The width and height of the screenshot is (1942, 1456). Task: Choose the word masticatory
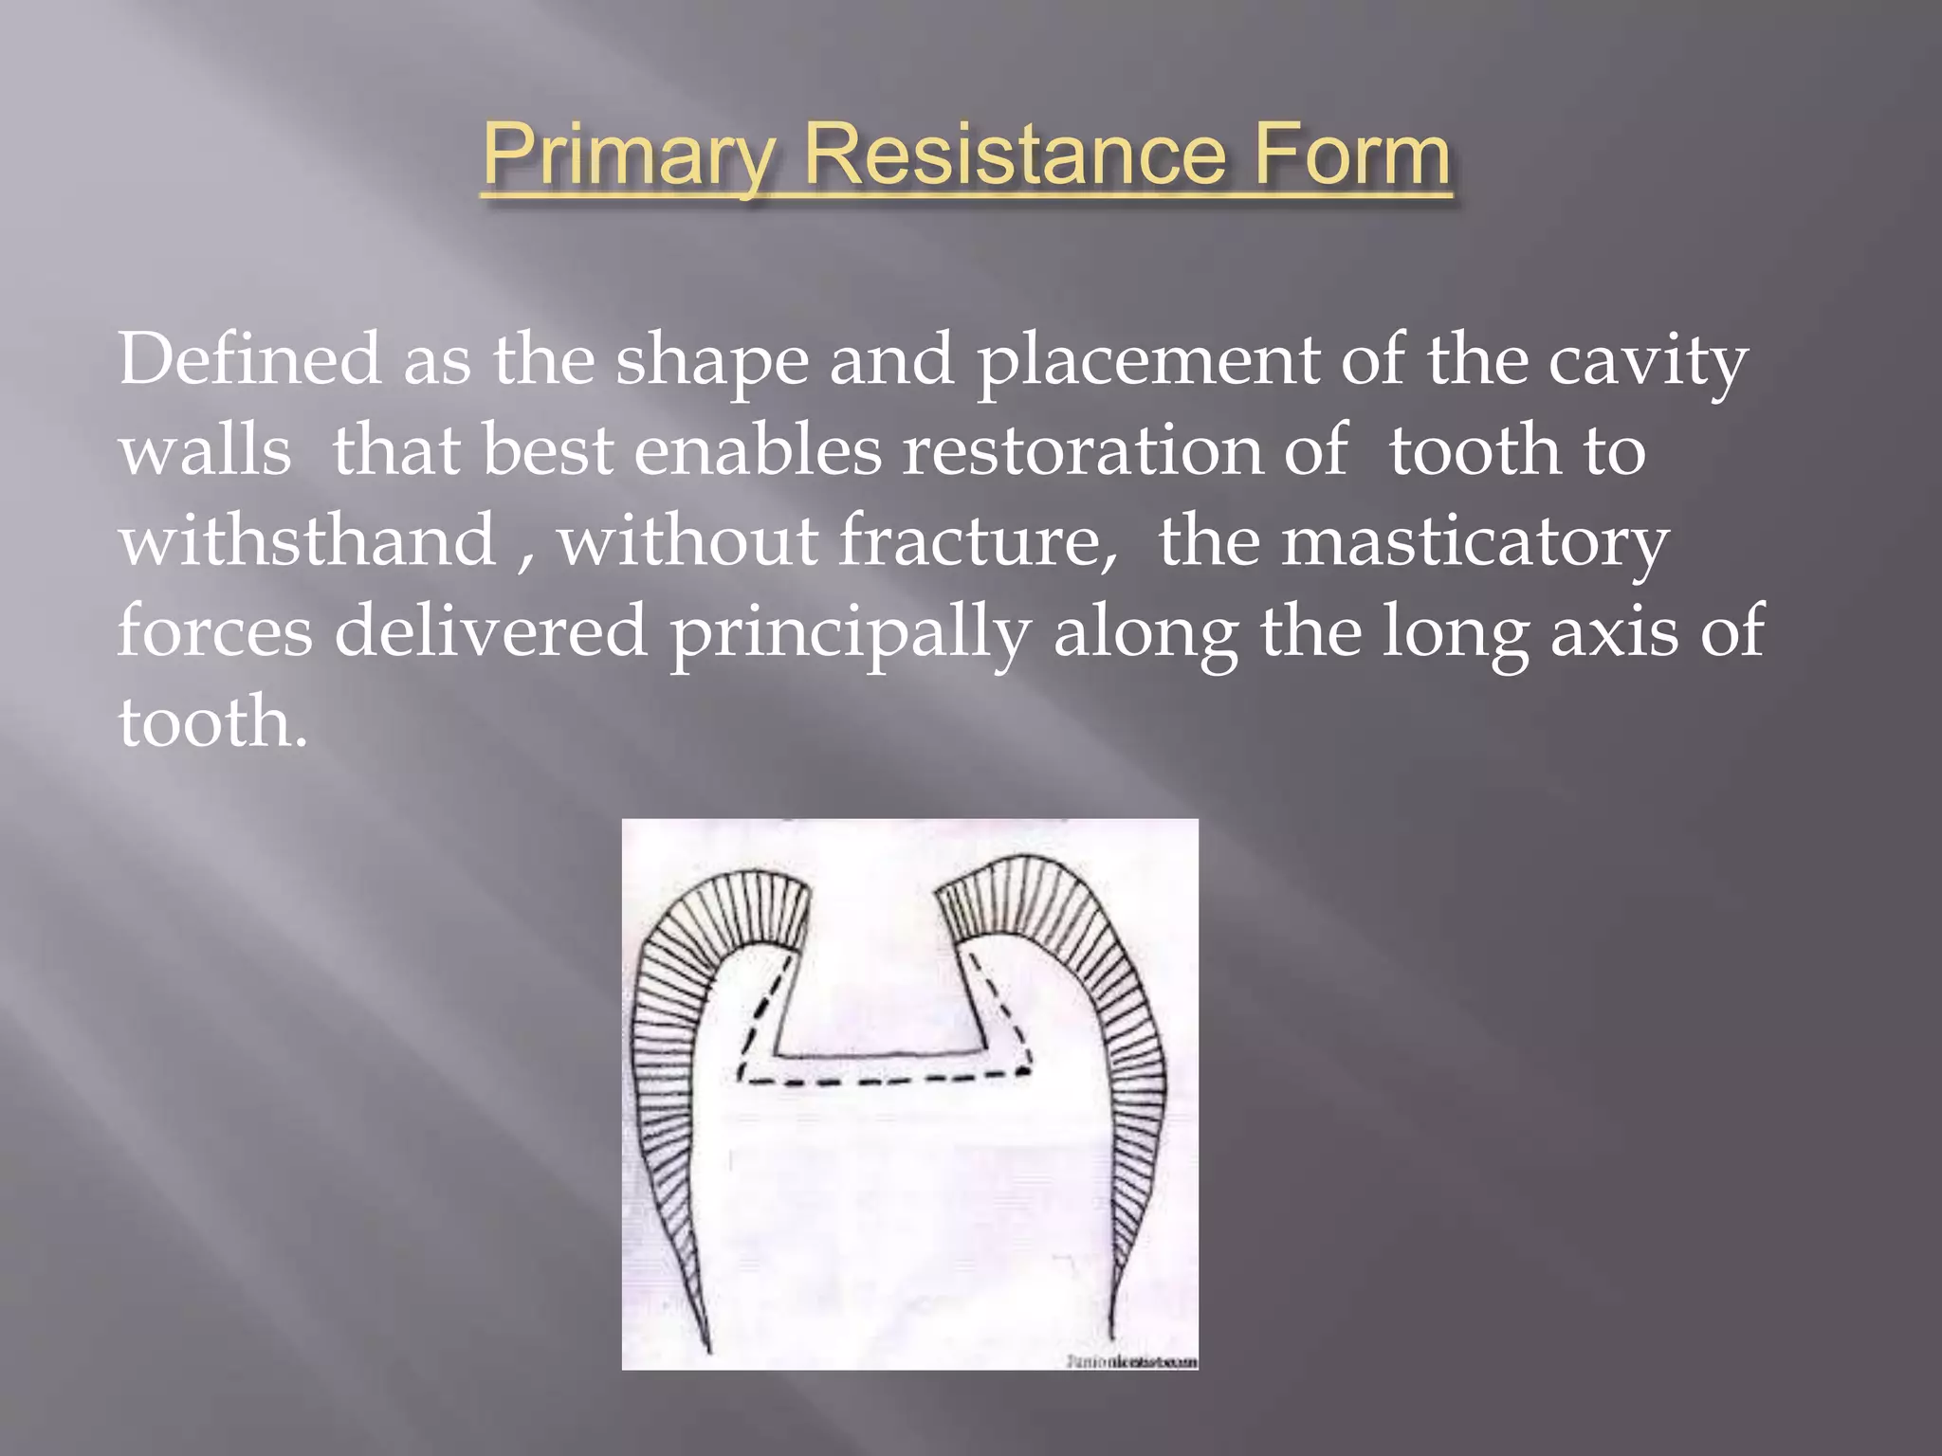pos(1475,542)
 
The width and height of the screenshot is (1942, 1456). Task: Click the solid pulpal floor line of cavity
pos(882,1054)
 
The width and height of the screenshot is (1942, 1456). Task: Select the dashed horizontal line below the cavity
pos(882,1079)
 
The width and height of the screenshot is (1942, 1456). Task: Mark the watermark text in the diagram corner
pos(1132,1361)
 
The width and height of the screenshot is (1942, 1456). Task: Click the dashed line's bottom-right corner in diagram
pos(1026,1071)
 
